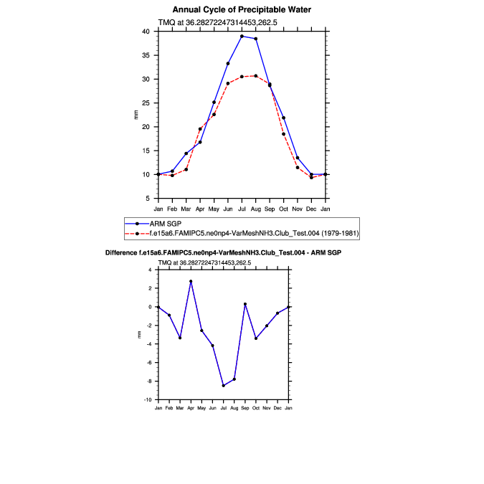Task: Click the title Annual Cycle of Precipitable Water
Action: tap(242, 9)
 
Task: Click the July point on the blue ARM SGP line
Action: tap(242, 36)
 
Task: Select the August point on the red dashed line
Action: tap(256, 75)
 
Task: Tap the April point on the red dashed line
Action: tap(200, 129)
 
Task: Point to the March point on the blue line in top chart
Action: tap(186, 153)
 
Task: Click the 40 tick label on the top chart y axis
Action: tap(146, 32)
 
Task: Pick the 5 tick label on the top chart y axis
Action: tap(148, 199)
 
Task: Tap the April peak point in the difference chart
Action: tap(191, 281)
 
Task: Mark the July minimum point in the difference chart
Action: tap(223, 386)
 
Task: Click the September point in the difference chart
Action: tap(245, 304)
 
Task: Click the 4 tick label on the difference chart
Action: tap(150, 270)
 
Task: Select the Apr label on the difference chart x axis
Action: tap(191, 408)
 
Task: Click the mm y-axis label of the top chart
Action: tap(137, 115)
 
